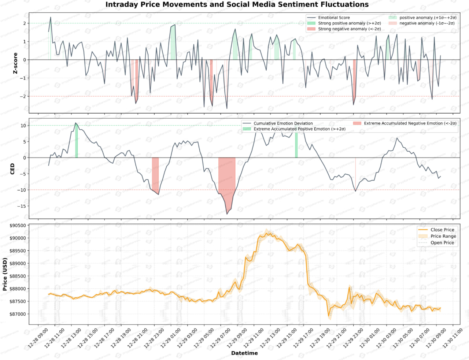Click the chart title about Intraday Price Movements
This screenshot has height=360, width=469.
[237, 5]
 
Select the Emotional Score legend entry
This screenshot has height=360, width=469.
[333, 18]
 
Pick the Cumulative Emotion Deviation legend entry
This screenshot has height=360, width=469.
[283, 123]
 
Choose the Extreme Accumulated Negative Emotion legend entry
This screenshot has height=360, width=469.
[410, 123]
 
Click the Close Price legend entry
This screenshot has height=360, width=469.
[442, 230]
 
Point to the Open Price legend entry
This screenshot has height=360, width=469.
[442, 243]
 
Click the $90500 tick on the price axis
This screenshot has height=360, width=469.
[18, 226]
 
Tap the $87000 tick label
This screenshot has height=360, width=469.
[18, 314]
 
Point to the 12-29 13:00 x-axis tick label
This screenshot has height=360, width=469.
[270, 338]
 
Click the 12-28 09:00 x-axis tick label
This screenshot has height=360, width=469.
[38, 338]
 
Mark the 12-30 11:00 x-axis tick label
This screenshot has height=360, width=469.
[452, 338]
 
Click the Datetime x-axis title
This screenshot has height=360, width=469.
[244, 353]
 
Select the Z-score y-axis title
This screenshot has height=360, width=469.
[15, 63]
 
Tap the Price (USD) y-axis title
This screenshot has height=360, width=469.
[5, 274]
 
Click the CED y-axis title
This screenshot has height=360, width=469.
[12, 169]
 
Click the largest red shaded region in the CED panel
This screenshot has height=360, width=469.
[227, 179]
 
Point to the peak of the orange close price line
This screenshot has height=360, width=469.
[267, 233]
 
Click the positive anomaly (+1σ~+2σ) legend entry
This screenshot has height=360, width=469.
[428, 18]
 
